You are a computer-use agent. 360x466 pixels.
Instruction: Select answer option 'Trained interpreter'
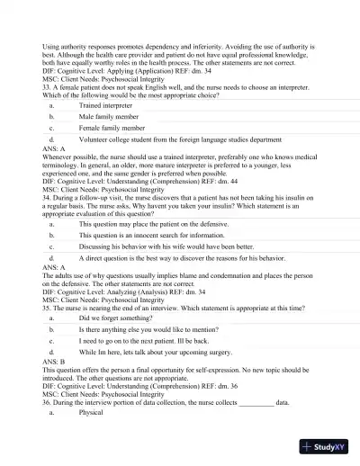[107, 105]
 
